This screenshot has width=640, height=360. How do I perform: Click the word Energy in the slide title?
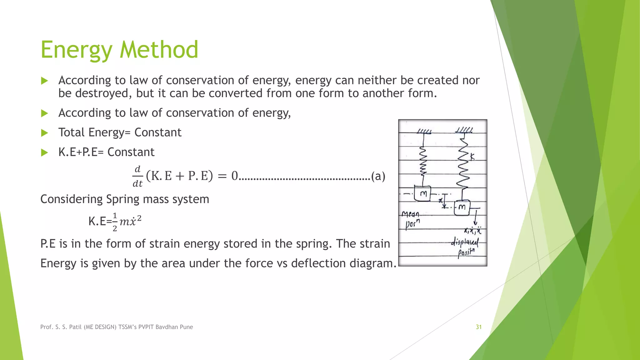[77, 50]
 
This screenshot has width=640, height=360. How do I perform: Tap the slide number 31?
[478, 327]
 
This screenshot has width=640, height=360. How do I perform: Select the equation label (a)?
[378, 176]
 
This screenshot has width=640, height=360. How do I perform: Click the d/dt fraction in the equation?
[137, 177]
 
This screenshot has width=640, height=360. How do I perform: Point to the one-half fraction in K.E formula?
[115, 222]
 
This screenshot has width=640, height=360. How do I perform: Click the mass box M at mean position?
[423, 194]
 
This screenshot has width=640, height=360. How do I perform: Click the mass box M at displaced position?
[462, 207]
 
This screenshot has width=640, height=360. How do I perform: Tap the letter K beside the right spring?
[472, 157]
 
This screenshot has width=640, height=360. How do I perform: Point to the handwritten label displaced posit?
[465, 247]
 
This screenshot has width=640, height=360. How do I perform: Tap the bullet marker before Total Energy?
[45, 133]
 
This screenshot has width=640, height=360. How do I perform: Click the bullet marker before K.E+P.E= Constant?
[45, 152]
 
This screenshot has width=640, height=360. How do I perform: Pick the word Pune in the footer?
[186, 327]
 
